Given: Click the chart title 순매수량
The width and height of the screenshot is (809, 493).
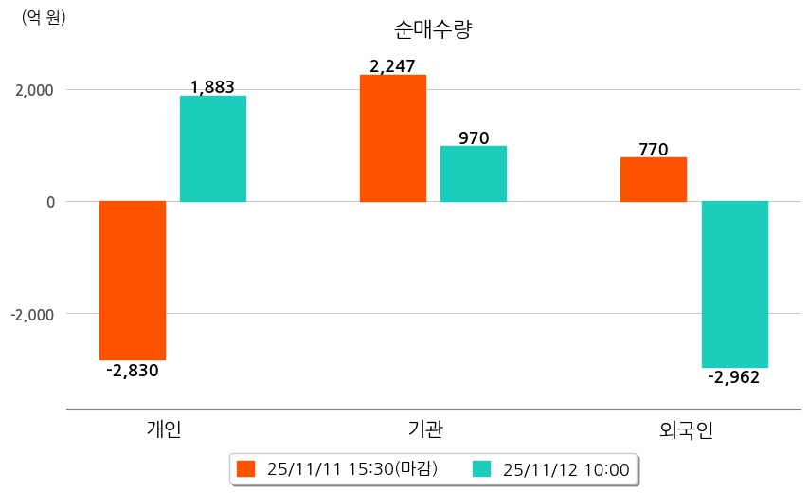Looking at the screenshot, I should [x=432, y=29].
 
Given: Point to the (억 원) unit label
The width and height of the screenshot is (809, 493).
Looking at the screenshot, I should [x=44, y=17].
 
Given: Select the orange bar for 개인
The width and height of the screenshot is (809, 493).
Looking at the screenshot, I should [x=133, y=280].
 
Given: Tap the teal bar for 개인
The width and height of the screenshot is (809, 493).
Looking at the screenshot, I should [x=213, y=149].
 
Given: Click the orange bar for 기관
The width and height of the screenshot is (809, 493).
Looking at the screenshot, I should [x=393, y=138].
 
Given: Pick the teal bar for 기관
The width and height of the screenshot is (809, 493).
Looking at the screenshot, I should [x=474, y=173].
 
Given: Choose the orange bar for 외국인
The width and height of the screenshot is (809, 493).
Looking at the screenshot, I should [x=654, y=179].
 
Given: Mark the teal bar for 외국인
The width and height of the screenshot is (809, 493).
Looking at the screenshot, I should [x=734, y=283].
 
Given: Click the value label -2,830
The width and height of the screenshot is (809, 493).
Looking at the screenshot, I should [x=133, y=371].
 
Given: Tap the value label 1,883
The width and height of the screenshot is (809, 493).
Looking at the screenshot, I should [x=212, y=87].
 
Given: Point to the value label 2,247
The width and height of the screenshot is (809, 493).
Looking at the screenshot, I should [x=392, y=66].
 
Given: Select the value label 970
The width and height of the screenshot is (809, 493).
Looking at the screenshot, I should [x=474, y=138].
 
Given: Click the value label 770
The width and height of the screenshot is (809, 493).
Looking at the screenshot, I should [x=654, y=149].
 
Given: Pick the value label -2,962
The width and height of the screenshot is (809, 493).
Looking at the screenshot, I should [x=734, y=377].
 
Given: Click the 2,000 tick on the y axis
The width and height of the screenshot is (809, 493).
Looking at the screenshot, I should [x=34, y=90].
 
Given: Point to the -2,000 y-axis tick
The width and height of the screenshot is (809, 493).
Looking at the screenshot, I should [x=32, y=314].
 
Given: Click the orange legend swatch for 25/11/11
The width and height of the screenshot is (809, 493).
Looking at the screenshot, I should [x=246, y=468].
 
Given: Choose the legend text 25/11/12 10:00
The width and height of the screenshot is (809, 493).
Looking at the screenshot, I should [x=566, y=468].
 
